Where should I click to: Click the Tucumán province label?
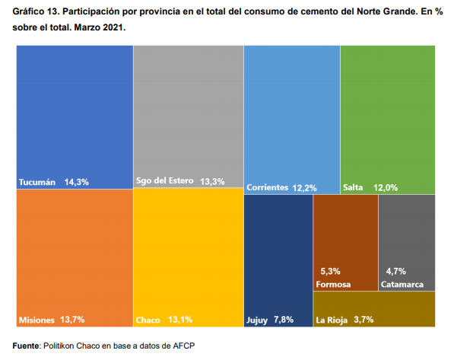(x=37, y=182)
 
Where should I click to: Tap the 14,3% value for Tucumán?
(x=77, y=182)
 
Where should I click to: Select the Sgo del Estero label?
(x=165, y=180)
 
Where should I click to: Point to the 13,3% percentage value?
(x=212, y=181)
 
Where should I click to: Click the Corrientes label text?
(x=267, y=187)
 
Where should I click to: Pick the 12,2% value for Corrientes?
(x=305, y=188)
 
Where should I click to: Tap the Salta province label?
(x=353, y=187)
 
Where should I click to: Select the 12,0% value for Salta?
(x=386, y=187)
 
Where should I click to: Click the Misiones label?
(x=37, y=320)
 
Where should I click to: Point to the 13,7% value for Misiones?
(x=72, y=320)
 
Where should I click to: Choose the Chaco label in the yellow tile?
(x=148, y=320)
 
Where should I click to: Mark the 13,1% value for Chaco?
(x=180, y=320)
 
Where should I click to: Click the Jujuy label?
(x=257, y=320)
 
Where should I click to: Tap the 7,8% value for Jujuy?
(x=284, y=320)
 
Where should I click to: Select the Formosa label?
(x=333, y=285)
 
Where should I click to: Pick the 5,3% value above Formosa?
(x=330, y=271)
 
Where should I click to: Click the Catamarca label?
(x=402, y=285)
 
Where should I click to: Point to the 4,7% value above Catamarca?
(x=395, y=271)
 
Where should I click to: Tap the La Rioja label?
(x=332, y=320)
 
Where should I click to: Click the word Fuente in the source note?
(x=26, y=346)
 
